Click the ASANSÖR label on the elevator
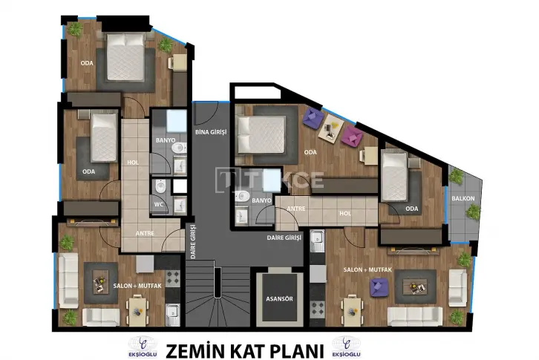tap(279, 299)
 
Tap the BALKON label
tap(463, 198)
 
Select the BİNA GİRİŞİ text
tap(211, 131)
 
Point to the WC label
tap(158, 204)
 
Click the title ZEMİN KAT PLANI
tap(245, 351)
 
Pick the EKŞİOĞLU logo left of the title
tap(143, 347)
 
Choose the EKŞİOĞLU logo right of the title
tap(346, 347)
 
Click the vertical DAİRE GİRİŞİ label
tap(193, 241)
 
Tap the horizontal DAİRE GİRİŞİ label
tap(284, 238)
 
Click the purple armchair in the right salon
tap(379, 287)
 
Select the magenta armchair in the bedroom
tap(352, 135)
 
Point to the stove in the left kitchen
tap(172, 278)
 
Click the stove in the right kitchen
tap(317, 309)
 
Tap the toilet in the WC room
tap(160, 186)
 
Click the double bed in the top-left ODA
tap(125, 57)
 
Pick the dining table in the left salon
tap(137, 312)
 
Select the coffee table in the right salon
tap(415, 287)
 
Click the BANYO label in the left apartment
tap(166, 140)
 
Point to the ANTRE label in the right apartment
tap(295, 209)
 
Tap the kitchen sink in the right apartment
tap(317, 240)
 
